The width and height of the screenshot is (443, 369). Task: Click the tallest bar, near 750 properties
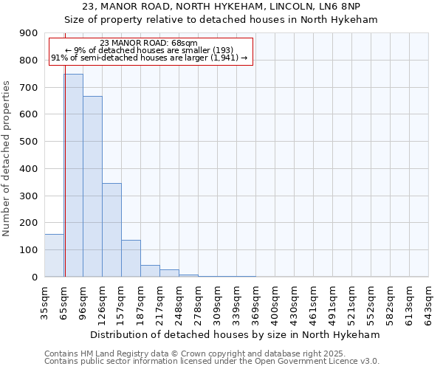tap(73, 176)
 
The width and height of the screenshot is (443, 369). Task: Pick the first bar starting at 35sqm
tap(54, 255)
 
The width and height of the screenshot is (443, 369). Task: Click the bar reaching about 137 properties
tap(131, 258)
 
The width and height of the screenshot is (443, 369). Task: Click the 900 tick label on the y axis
tap(29, 33)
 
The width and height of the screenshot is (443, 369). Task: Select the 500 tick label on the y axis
tap(29, 142)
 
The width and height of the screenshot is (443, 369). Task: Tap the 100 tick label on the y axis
tap(29, 250)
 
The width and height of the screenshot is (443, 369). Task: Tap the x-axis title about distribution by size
tap(236, 334)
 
